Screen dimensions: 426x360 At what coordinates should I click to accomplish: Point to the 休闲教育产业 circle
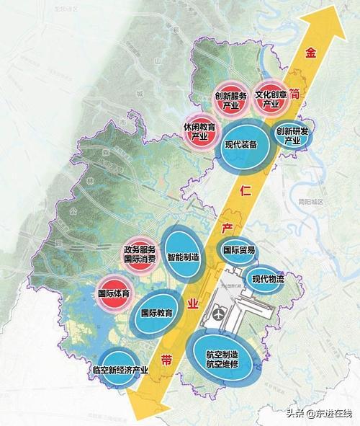pyautogui.click(x=196, y=129)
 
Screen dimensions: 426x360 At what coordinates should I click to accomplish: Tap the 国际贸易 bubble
pyautogui.click(x=238, y=251)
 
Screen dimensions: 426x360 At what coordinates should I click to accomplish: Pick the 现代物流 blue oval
pyautogui.click(x=267, y=278)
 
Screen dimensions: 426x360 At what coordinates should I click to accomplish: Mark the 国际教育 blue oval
pyautogui.click(x=157, y=314)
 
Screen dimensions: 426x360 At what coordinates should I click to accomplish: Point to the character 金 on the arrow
pyautogui.click(x=311, y=53)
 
